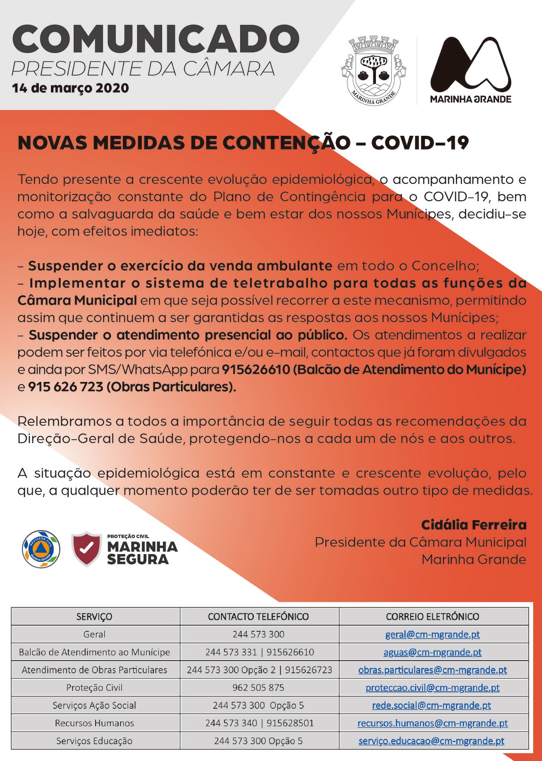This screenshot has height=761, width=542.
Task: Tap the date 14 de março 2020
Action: tap(70, 88)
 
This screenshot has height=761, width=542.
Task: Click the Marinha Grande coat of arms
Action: tap(374, 71)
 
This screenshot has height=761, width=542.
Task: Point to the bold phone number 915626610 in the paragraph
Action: tap(256, 369)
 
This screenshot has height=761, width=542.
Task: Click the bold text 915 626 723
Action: tap(65, 387)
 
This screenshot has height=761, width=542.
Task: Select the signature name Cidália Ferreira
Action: tap(474, 525)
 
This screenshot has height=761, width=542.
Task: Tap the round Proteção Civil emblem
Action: tap(41, 549)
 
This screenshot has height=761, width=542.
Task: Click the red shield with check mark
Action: tap(86, 548)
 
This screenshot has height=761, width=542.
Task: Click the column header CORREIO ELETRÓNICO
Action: tap(432, 616)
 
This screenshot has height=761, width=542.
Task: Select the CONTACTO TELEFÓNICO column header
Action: tap(258, 616)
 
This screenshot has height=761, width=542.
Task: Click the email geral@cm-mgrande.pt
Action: tap(432, 634)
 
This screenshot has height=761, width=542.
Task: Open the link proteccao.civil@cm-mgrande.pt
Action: tap(432, 687)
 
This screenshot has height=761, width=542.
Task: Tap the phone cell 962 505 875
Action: tap(258, 687)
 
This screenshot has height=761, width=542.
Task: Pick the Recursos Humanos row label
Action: tap(94, 723)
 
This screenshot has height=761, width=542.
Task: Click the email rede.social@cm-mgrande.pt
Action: tap(431, 705)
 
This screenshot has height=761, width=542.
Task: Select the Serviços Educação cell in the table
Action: tap(94, 741)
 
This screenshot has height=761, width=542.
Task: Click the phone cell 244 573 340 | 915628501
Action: tap(259, 723)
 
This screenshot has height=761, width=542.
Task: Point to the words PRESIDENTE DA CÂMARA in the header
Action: tap(143, 69)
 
